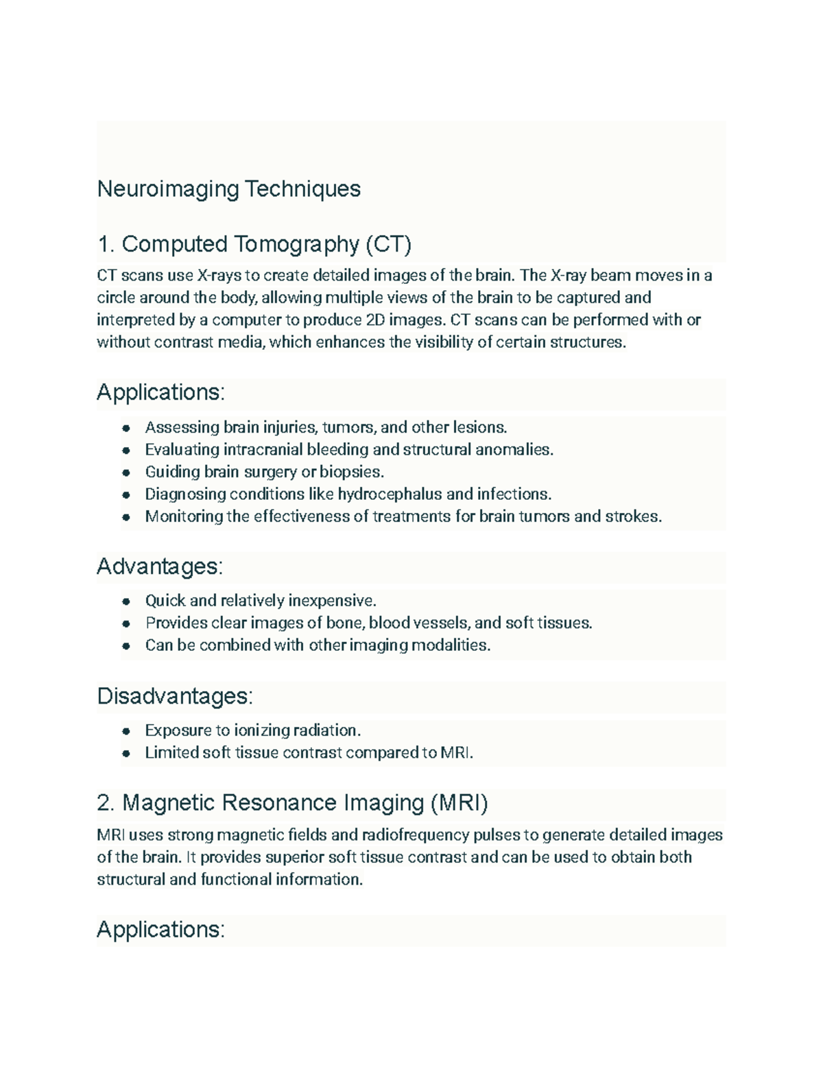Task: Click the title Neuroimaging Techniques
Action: click(228, 189)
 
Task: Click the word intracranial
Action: click(263, 450)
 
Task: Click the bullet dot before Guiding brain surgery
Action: click(126, 472)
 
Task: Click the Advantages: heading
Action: click(160, 566)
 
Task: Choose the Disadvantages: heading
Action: click(175, 696)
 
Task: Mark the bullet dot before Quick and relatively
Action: click(126, 601)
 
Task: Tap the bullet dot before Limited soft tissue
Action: click(126, 753)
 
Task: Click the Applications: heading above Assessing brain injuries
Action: click(160, 392)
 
